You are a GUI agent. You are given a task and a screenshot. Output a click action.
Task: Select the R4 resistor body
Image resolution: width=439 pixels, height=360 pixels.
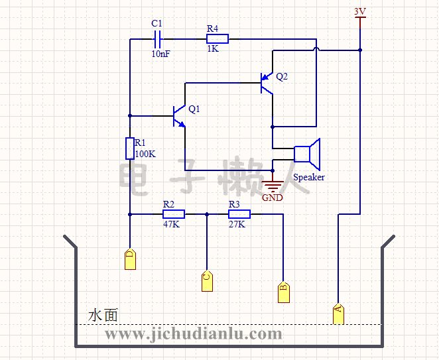tap(218, 39)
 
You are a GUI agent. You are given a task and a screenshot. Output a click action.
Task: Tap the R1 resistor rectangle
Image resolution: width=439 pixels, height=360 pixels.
tap(130, 149)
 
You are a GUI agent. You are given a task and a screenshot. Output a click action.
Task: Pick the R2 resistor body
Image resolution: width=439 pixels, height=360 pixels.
tap(173, 214)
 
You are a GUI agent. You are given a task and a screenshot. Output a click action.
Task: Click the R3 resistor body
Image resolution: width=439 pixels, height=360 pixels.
tap(239, 214)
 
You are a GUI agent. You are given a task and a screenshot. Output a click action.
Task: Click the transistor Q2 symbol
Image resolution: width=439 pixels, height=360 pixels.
tap(267, 82)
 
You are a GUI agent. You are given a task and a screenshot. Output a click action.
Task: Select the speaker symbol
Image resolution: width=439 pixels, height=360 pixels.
tap(308, 154)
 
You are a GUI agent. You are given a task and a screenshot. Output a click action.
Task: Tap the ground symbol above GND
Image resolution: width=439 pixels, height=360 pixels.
tap(273, 185)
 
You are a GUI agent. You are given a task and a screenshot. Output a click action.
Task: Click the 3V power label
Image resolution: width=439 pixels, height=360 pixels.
tap(360, 11)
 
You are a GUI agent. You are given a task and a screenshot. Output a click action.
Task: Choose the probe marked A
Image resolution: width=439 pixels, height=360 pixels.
tap(338, 312)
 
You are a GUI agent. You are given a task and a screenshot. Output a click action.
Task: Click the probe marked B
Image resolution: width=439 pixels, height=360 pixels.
tap(283, 292)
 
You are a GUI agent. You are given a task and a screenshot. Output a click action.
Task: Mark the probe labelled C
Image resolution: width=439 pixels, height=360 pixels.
tap(207, 281)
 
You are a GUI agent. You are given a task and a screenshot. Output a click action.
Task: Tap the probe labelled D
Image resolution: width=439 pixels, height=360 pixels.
tap(130, 259)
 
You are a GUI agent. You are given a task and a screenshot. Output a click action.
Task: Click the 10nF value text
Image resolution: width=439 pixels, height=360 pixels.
tap(160, 54)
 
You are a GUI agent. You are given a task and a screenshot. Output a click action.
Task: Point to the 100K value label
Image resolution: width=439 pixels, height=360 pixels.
tap(145, 154)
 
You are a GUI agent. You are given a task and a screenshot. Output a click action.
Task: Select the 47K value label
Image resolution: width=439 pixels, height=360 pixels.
tap(172, 224)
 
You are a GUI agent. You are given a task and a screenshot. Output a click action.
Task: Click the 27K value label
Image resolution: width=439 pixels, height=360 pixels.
tap(237, 224)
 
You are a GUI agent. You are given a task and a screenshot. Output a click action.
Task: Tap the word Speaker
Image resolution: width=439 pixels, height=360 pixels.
tap(309, 177)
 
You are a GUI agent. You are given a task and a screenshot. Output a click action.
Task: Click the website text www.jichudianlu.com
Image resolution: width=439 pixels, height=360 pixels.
tap(194, 334)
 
